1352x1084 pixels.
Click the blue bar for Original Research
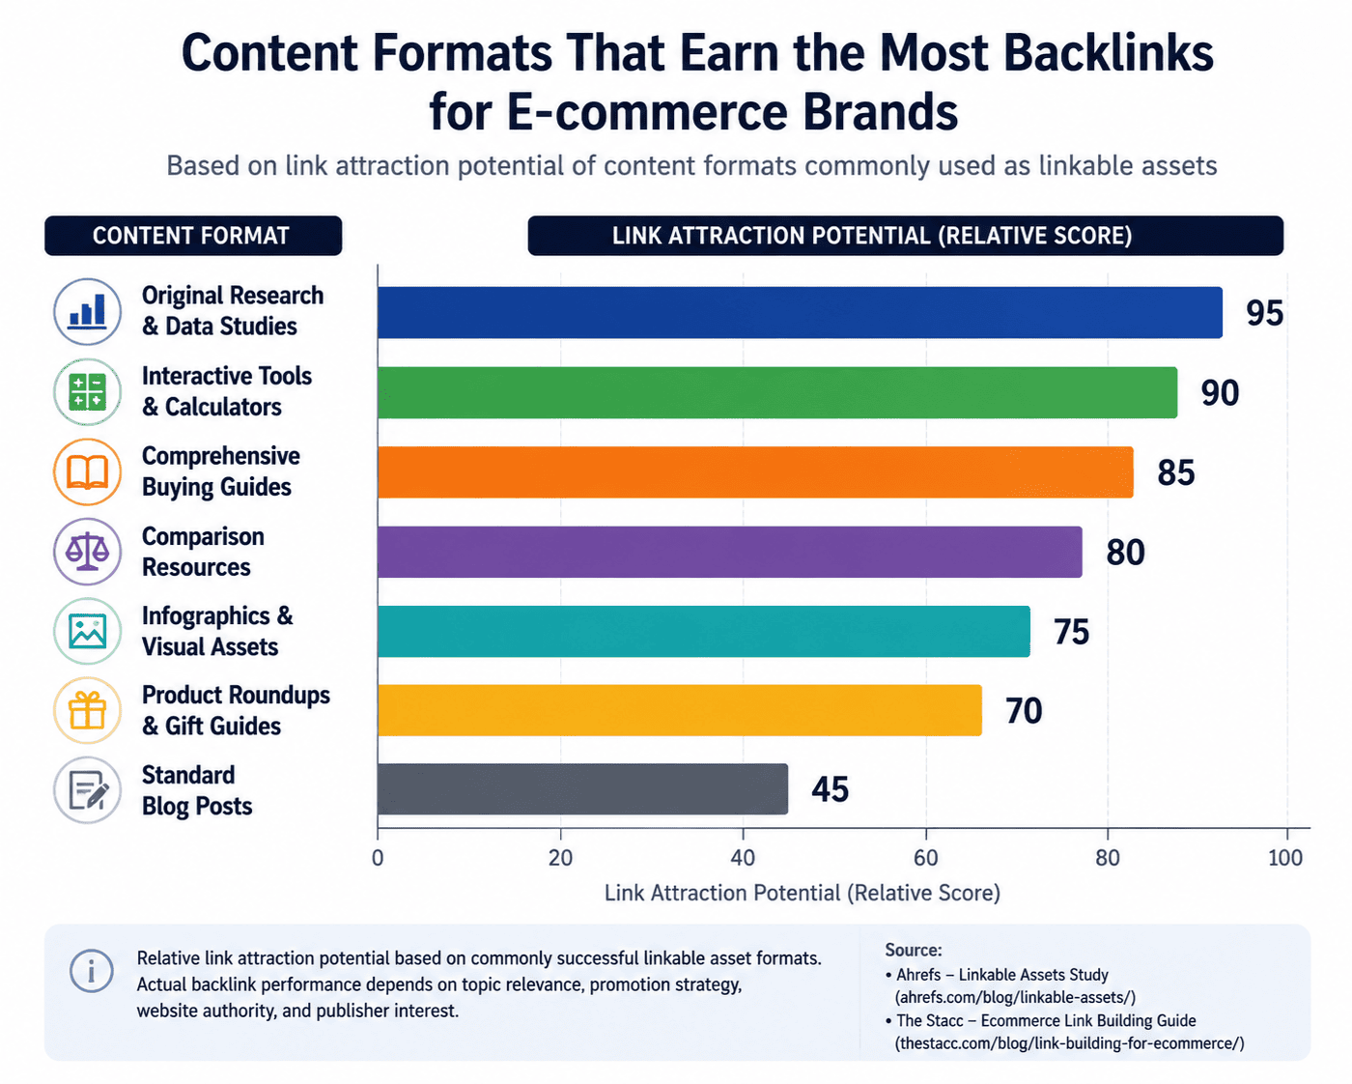tap(800, 312)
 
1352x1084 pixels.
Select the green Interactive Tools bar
tap(777, 392)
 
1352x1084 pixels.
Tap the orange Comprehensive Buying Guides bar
tap(755, 472)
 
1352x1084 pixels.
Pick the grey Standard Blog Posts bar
tap(582, 789)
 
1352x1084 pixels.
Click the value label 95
tap(1265, 313)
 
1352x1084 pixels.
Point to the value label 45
tap(830, 789)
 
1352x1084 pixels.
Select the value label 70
tap(1024, 711)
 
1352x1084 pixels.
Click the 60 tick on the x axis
tap(925, 858)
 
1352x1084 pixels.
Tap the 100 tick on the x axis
tap(1285, 858)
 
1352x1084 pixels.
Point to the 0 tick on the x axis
tap(378, 858)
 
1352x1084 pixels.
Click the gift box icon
tap(87, 710)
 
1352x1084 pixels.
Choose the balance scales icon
tap(87, 552)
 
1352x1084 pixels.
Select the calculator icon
tap(87, 391)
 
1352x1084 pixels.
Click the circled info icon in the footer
tap(92, 971)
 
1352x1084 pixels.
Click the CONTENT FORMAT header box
tap(193, 236)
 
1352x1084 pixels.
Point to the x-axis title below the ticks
tap(803, 894)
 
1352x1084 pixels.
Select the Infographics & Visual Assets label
tap(217, 631)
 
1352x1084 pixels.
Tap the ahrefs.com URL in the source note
tap(1015, 997)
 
